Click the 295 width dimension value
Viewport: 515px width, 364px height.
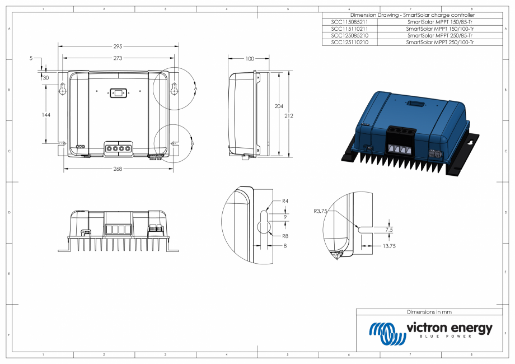[118, 46]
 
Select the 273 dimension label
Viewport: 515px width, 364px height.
[118, 58]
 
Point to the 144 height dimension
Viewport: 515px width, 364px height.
[46, 115]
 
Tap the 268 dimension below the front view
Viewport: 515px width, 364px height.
[118, 169]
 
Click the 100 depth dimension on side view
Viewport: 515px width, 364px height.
[250, 58]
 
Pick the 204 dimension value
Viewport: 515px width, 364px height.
[278, 106]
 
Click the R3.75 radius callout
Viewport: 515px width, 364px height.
[321, 212]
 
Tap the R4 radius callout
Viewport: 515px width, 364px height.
[285, 200]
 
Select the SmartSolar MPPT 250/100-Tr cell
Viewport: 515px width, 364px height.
[440, 42]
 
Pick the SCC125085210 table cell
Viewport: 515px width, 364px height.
[349, 35]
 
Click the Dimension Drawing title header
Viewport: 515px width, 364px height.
[412, 15]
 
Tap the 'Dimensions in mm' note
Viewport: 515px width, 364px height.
[429, 312]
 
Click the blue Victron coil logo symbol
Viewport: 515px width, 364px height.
[386, 333]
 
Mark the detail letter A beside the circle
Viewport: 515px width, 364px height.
[195, 88]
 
